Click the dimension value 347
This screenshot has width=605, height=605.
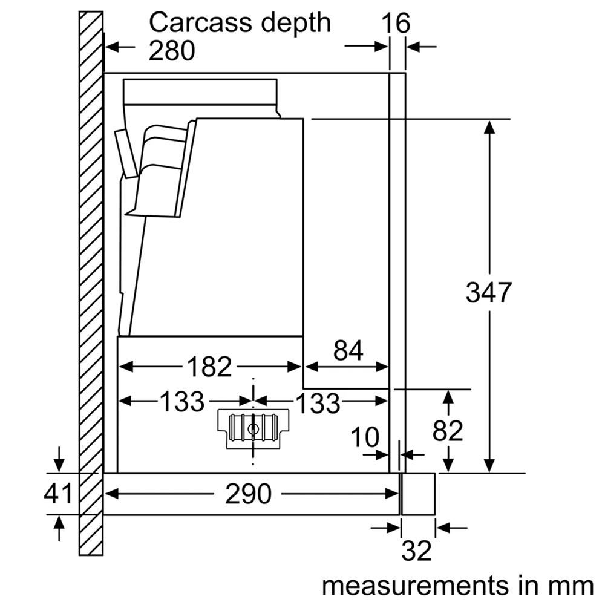click(489, 293)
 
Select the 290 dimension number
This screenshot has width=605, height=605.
click(248, 494)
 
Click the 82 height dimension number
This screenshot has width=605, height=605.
click(448, 431)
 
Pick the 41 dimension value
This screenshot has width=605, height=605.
click(58, 494)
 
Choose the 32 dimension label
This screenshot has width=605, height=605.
click(417, 551)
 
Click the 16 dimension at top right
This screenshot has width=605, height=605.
click(396, 24)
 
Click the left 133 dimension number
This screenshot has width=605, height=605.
click(182, 401)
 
